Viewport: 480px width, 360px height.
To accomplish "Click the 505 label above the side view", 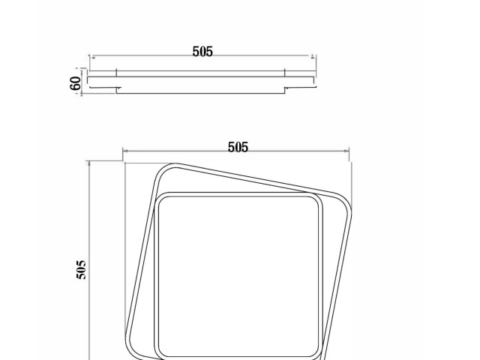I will point(202,52).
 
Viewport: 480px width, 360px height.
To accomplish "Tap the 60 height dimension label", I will point(76,82).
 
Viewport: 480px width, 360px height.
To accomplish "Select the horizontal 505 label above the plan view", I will point(238,148).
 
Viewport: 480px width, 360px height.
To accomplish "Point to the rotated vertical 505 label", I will point(82,270).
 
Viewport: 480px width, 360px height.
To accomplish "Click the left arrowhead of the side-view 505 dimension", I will point(91,55).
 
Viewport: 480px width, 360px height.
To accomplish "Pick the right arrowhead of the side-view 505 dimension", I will point(313,55).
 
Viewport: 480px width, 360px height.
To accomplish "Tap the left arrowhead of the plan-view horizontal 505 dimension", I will point(124,151).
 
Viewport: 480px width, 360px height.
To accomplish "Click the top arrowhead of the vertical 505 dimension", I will point(88,162).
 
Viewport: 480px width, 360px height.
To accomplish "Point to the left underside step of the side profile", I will point(117,91).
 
